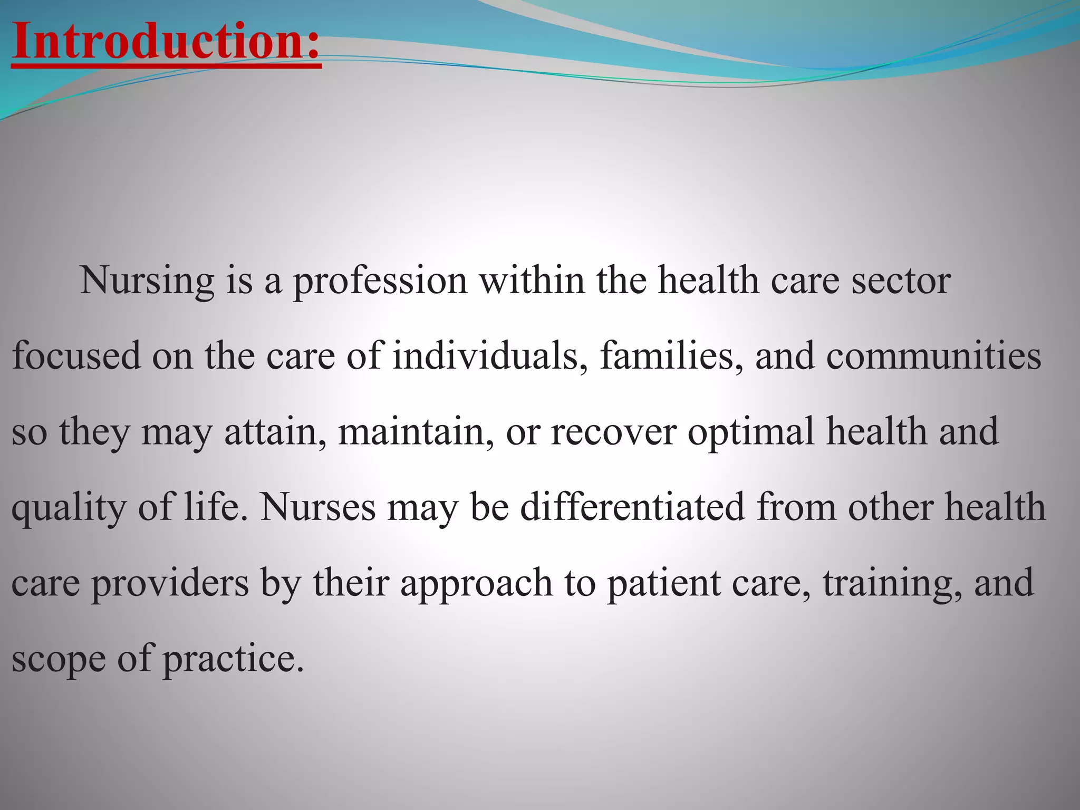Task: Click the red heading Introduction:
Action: tap(166, 42)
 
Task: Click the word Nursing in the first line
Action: tap(147, 281)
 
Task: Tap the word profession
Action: tap(380, 281)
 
